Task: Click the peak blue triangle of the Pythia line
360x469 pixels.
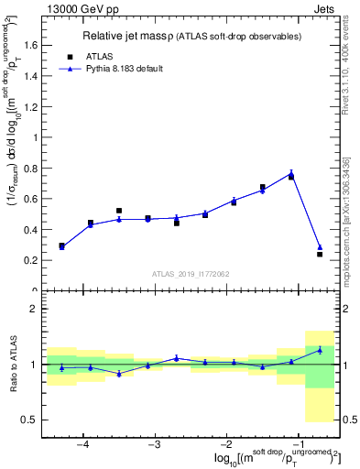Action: click(x=291, y=173)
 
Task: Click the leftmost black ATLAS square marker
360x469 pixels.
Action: click(x=61, y=245)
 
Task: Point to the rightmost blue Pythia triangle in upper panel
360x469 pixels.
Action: click(x=320, y=247)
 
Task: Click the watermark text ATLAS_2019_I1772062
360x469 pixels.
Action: click(x=190, y=273)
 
